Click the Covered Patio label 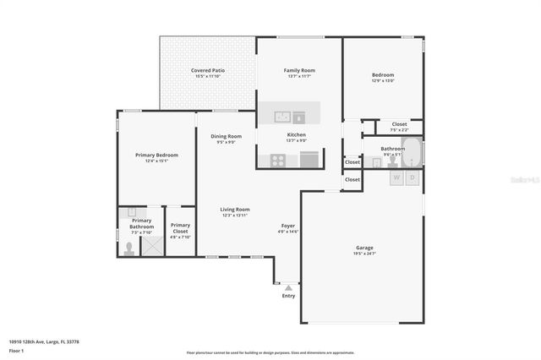tap(207, 70)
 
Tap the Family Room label tap(298, 70)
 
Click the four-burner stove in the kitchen tap(278, 159)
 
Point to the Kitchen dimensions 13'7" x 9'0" tap(296, 141)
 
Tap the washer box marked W tap(396, 178)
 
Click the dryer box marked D tap(413, 178)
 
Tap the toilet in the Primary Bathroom tap(128, 248)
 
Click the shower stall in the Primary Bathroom tap(152, 245)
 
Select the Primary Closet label tap(180, 227)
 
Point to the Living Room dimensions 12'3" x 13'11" tap(235, 215)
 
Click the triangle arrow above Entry tap(288, 288)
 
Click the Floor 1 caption tap(17, 350)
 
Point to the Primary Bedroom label tap(156, 155)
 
